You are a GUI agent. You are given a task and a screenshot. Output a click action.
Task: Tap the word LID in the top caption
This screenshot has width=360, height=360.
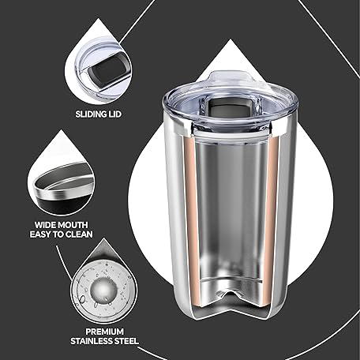point(114,114)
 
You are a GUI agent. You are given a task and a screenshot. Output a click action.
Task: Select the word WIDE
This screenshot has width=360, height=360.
point(45,225)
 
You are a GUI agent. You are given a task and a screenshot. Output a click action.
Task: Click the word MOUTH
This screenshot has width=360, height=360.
point(73,225)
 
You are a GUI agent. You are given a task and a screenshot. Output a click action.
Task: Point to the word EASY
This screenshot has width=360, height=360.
point(40,234)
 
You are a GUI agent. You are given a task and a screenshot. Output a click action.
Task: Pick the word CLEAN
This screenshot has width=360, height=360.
point(79,234)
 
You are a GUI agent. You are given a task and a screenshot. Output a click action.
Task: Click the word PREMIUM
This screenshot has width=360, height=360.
point(104,332)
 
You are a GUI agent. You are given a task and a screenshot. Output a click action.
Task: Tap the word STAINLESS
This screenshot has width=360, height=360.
point(91,341)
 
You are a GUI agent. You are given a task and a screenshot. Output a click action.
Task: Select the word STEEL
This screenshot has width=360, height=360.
point(126,341)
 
